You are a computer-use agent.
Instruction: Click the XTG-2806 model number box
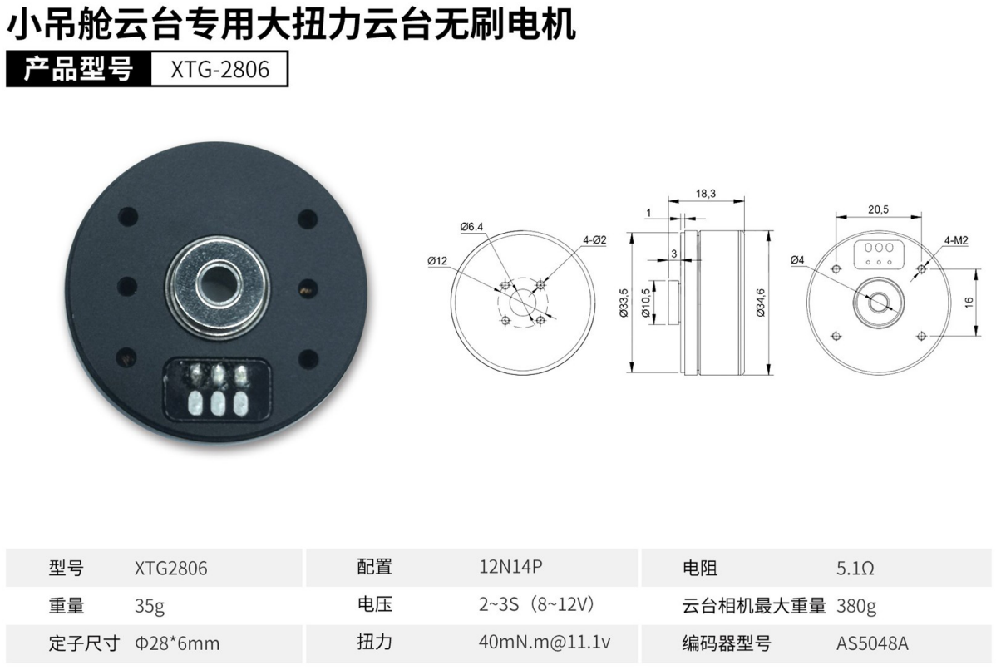pos(219,69)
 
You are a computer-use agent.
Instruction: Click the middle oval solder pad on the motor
pos(218,402)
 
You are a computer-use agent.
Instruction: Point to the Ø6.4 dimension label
pos(471,227)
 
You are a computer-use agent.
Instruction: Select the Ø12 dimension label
pos(437,260)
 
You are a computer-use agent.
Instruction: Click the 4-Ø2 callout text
pos(594,240)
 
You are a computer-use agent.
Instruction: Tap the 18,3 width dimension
pos(706,194)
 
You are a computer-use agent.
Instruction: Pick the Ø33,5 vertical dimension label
pos(624,303)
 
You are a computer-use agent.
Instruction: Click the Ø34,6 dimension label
pos(761,303)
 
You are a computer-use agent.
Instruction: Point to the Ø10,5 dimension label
pos(646,303)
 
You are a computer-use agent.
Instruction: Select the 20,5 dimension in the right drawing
pos(879,209)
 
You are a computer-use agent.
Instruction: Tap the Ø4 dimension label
pos(797,259)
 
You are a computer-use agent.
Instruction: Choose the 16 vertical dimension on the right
pos(969,303)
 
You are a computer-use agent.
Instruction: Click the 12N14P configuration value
pos(510,566)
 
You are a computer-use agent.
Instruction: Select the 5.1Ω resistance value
pos(855,568)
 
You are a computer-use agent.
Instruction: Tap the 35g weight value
pos(150,606)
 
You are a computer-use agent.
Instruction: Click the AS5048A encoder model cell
pos(872,643)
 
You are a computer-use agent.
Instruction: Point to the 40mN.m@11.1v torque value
pos(545,642)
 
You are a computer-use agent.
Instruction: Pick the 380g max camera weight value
pos(856,606)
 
